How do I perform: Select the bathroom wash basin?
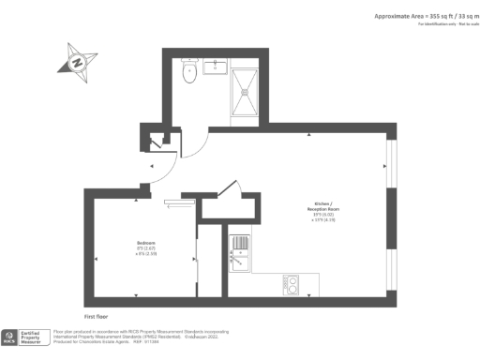point(215,67)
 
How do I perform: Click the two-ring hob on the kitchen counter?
point(292,283)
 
